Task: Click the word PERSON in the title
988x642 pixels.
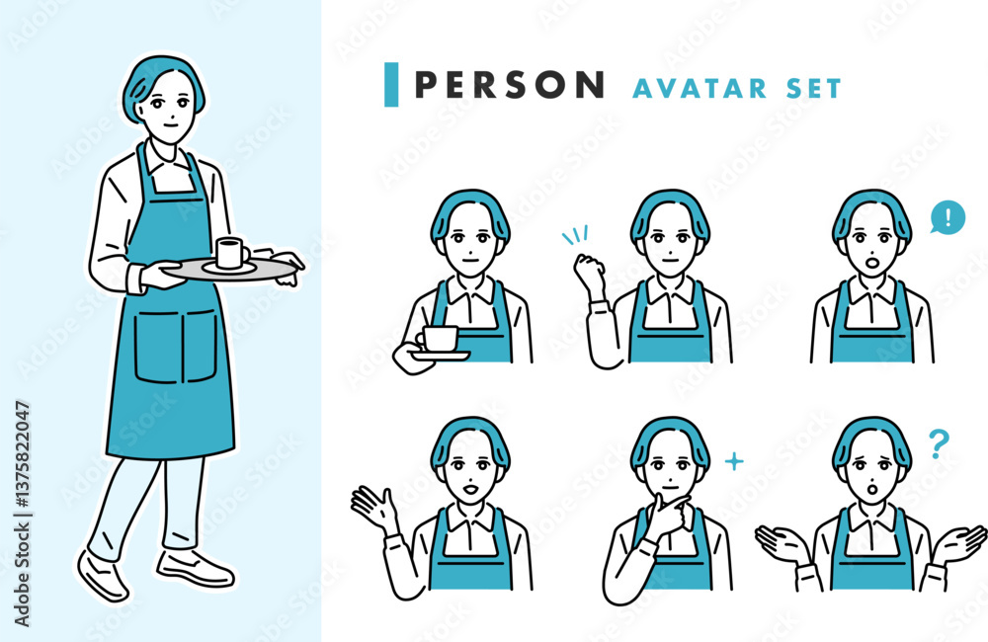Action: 510,84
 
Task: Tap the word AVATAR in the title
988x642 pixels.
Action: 700,89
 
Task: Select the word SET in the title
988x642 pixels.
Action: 813,89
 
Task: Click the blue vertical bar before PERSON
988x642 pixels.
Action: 391,84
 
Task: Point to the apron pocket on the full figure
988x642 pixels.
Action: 177,346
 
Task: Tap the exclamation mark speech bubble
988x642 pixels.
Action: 947,217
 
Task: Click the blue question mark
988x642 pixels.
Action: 939,443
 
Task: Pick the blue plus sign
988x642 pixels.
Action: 734,462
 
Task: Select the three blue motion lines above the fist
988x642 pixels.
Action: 575,234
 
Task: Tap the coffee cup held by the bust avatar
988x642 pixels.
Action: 440,339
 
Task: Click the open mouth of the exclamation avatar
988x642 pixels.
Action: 872,261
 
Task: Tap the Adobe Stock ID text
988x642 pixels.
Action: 22,514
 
